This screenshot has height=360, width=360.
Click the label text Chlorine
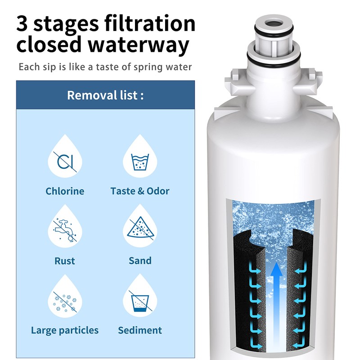tap(65, 191)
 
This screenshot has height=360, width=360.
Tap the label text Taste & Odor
tap(140, 191)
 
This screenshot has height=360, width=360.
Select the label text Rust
tap(65, 261)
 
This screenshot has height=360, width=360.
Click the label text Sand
tap(140, 261)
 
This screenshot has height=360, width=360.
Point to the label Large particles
tap(65, 331)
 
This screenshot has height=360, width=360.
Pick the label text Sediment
tap(140, 331)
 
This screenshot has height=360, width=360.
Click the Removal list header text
tap(105, 95)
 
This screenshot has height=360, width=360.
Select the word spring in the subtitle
tap(152, 67)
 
